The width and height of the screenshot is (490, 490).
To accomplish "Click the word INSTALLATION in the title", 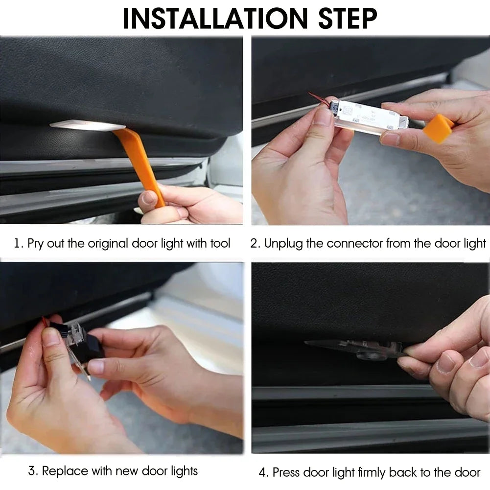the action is (215, 18).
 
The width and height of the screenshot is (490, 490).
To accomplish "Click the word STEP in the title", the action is (348, 18).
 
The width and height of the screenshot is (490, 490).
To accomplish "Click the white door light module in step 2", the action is (370, 117).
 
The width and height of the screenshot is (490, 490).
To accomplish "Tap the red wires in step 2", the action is (318, 98).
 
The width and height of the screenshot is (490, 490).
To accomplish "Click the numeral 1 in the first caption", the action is (17, 243).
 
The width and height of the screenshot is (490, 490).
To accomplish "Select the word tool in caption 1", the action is (220, 243).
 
